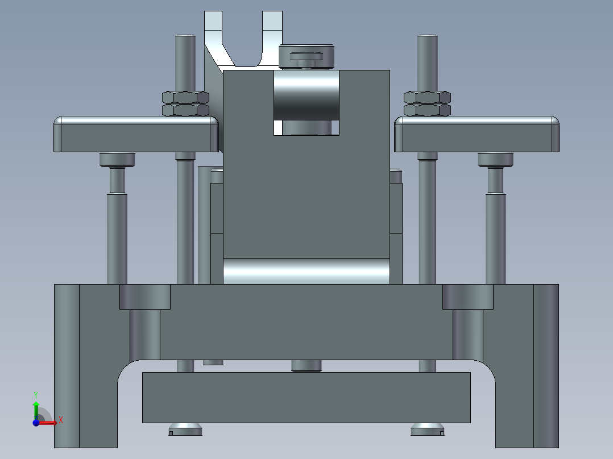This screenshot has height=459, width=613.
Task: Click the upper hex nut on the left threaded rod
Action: pyautogui.click(x=185, y=97)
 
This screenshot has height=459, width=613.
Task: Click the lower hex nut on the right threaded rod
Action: pyautogui.click(x=427, y=110)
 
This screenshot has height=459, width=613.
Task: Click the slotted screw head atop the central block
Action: pyautogui.click(x=306, y=56)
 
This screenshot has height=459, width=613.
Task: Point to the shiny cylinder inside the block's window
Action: pyautogui.click(x=306, y=97)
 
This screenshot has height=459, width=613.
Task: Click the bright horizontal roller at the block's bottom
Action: pyautogui.click(x=306, y=272)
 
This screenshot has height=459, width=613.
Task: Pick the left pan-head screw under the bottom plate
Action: pyautogui.click(x=185, y=429)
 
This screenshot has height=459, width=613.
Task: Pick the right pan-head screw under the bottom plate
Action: pyautogui.click(x=427, y=429)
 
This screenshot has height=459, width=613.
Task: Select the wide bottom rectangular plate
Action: pyautogui.click(x=306, y=398)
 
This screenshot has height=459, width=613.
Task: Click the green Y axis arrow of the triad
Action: pyautogui.click(x=36, y=404)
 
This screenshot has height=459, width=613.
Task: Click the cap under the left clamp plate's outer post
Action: pyautogui.click(x=117, y=160)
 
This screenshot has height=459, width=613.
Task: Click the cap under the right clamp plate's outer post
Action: pyautogui.click(x=495, y=160)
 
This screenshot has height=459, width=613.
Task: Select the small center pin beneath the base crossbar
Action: pyautogui.click(x=306, y=365)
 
